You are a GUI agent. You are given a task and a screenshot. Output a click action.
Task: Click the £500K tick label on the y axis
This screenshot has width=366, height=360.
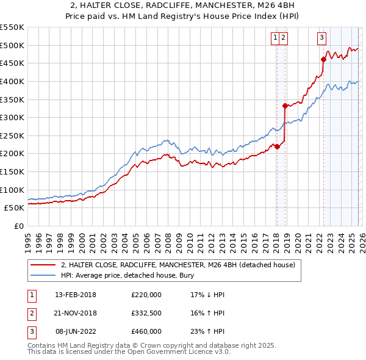tap(12, 45)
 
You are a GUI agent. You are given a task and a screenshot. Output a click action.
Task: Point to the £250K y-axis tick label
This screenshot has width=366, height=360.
tap(12, 135)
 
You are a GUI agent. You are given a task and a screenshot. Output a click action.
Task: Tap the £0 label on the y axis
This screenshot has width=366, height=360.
tap(19, 226)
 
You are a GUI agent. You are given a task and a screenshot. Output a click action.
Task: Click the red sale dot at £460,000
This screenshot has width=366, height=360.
tap(323, 59)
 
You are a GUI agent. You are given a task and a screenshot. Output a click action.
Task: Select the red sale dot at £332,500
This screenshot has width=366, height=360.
tap(285, 106)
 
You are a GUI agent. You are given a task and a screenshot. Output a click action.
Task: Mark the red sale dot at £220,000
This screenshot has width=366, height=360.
tap(276, 146)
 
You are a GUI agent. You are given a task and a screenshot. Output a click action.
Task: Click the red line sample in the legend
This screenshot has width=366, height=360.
tap(43, 265)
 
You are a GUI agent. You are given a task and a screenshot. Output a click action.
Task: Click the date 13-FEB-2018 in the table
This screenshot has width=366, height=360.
tap(76, 295)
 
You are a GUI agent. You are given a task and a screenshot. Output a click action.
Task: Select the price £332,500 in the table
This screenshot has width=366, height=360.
tap(146, 313)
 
